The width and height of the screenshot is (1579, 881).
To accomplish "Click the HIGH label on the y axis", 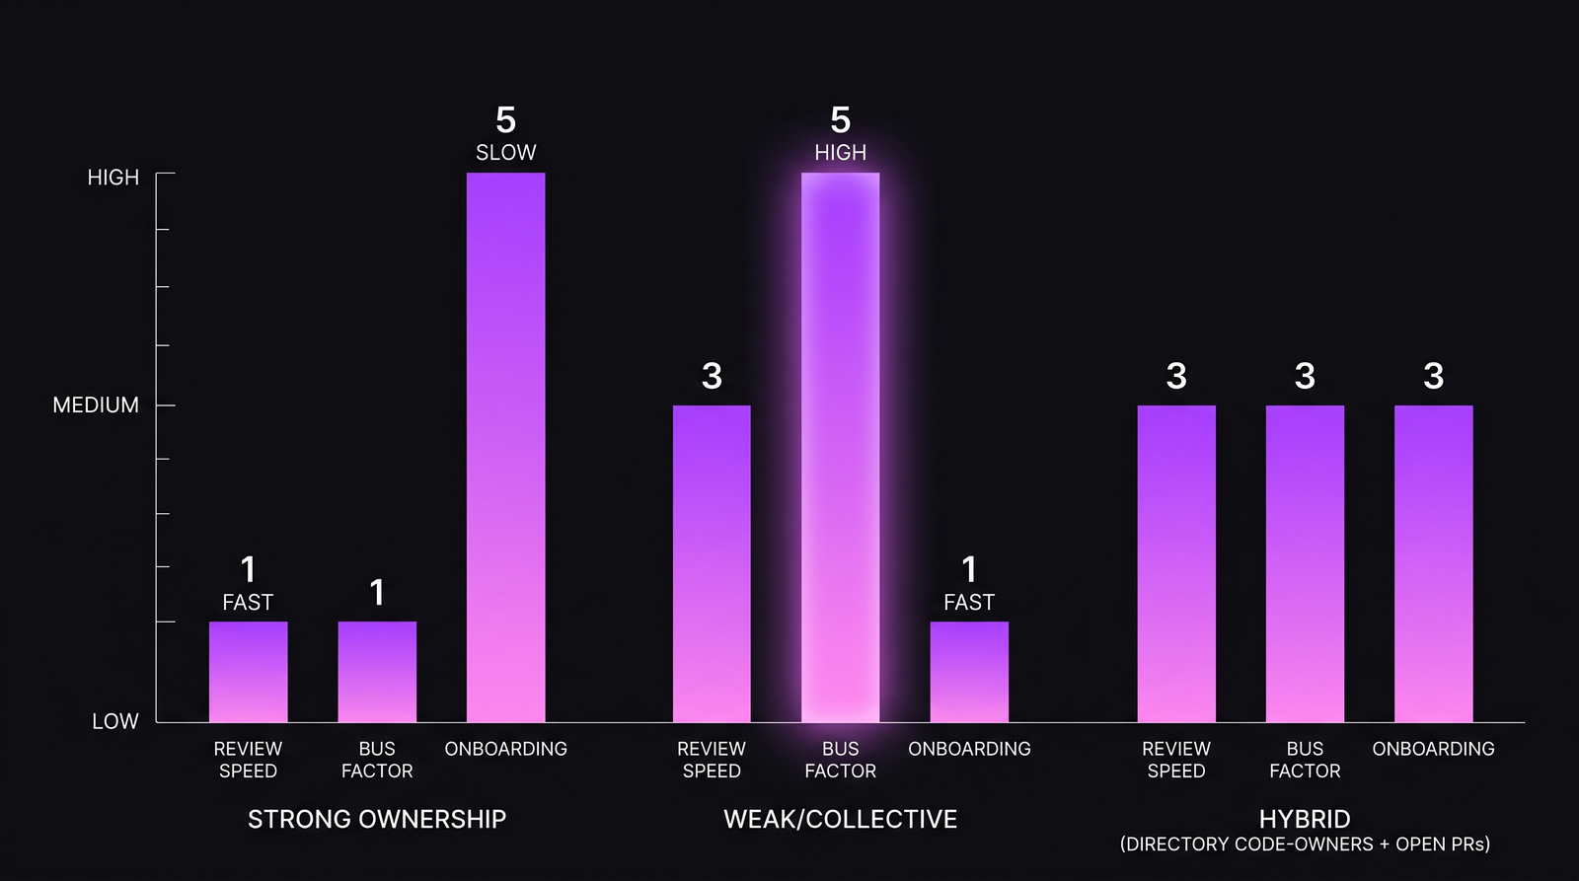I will tap(113, 178).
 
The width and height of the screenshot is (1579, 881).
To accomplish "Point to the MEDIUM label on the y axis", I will tap(96, 405).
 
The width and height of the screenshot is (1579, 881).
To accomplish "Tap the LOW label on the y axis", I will tap(114, 721).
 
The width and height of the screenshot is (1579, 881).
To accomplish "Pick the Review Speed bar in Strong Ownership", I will tap(248, 672).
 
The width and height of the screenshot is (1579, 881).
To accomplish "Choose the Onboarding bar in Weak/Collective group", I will tap(969, 672).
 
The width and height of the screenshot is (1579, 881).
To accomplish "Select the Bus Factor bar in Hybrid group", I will tap(1305, 563).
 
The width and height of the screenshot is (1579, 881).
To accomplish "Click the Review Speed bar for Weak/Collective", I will tap(712, 563).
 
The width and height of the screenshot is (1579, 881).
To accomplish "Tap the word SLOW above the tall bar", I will tap(505, 153).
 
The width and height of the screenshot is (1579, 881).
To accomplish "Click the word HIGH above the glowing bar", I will tap(840, 153).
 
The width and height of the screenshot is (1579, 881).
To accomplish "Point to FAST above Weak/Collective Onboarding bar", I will tap(969, 603).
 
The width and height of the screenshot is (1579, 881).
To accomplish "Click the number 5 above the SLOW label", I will tap(505, 120).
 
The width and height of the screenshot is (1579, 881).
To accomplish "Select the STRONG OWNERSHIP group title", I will tap(377, 819).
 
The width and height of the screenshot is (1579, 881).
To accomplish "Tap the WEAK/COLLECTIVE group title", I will tap(840, 819).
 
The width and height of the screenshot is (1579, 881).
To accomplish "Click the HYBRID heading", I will tap(1305, 819).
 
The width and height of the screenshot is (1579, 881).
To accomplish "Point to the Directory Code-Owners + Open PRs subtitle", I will tap(1305, 844).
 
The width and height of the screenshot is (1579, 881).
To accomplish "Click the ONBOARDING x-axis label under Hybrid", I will tap(1433, 749).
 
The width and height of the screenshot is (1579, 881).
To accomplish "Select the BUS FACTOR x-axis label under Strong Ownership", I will tap(377, 760).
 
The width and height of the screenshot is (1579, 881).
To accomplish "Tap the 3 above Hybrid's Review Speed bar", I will tap(1176, 376).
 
